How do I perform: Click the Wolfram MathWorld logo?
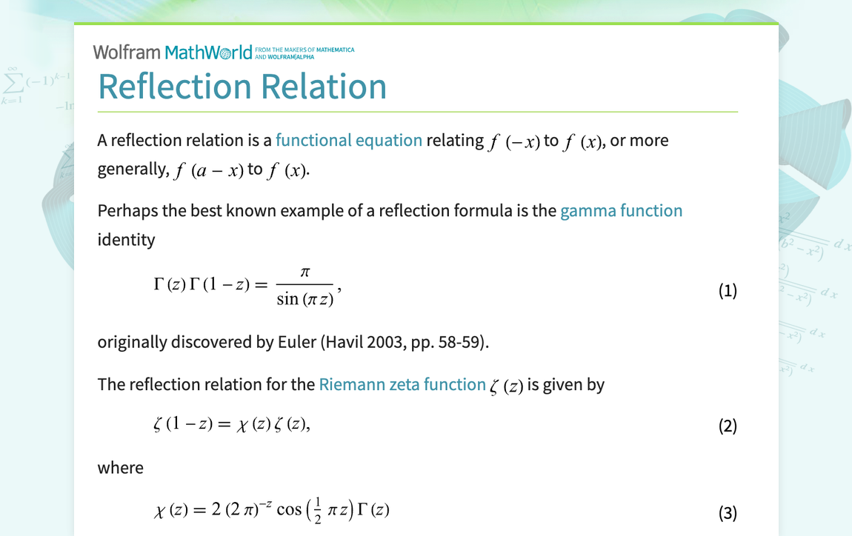point(223,52)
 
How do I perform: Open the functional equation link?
point(349,140)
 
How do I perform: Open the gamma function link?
point(621,211)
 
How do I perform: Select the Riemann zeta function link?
point(402,384)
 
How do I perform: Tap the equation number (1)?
point(728,290)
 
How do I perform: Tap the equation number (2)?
point(728,426)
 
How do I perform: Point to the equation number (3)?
point(728,513)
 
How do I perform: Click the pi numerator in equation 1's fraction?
point(304,272)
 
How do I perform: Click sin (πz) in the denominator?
point(304,298)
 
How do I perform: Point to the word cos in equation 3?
point(289,510)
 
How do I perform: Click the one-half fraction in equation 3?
point(318,511)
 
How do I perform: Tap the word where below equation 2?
point(121,468)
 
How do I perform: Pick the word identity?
point(126,239)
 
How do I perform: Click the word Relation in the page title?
point(324,87)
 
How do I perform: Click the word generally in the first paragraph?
point(133,170)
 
